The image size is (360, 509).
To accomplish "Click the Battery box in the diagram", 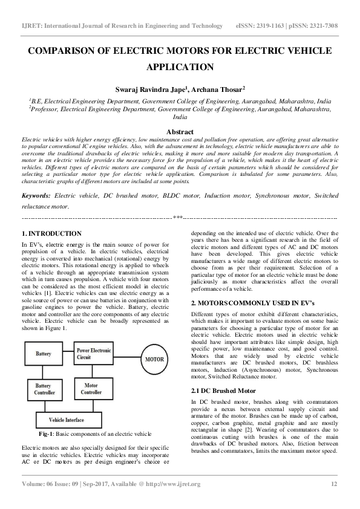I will click(x=44, y=353).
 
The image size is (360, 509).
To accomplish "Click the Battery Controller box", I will click(x=44, y=389).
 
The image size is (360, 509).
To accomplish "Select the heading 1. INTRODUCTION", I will click(x=51, y=233).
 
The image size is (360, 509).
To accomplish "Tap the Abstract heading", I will click(x=180, y=132).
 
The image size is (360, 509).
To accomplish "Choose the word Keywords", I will click(x=37, y=196).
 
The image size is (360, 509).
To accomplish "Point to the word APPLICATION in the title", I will click(x=180, y=68).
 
